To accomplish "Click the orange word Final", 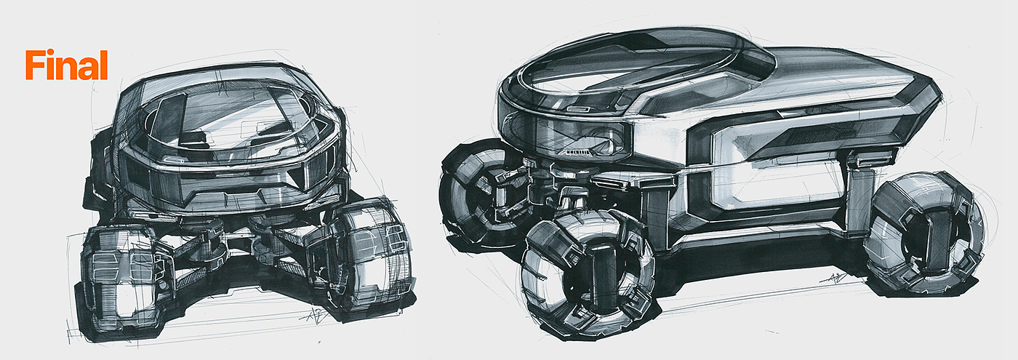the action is coord(66,65).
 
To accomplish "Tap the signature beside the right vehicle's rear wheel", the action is coord(835,278).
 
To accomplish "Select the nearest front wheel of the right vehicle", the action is coord(588,273).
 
